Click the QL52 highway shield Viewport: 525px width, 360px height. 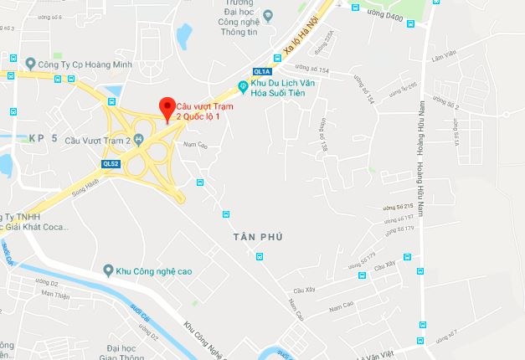(111, 163)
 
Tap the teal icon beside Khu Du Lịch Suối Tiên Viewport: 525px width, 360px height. (243, 85)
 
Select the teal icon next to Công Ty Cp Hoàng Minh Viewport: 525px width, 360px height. (30, 63)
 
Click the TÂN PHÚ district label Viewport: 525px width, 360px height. (258, 238)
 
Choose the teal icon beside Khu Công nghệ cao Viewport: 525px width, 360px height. (108, 270)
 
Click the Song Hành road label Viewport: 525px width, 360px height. (68, 192)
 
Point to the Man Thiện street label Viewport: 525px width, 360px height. (55, 294)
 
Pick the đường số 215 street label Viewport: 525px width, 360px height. (399, 206)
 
